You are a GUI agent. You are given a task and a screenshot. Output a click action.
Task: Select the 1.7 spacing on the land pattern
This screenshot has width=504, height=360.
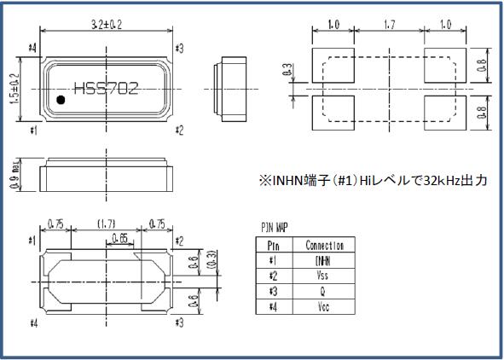pos(388,26)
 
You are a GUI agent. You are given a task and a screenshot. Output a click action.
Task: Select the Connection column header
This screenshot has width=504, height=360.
pos(322,246)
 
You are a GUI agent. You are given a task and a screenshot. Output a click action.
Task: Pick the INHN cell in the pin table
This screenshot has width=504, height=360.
pos(322,260)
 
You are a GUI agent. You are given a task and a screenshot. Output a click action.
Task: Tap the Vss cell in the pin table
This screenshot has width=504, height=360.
pos(322,276)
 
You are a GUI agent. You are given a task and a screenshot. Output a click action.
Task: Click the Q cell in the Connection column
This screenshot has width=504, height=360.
pos(322,291)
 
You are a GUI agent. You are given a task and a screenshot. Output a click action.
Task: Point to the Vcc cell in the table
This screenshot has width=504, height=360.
pos(322,306)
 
